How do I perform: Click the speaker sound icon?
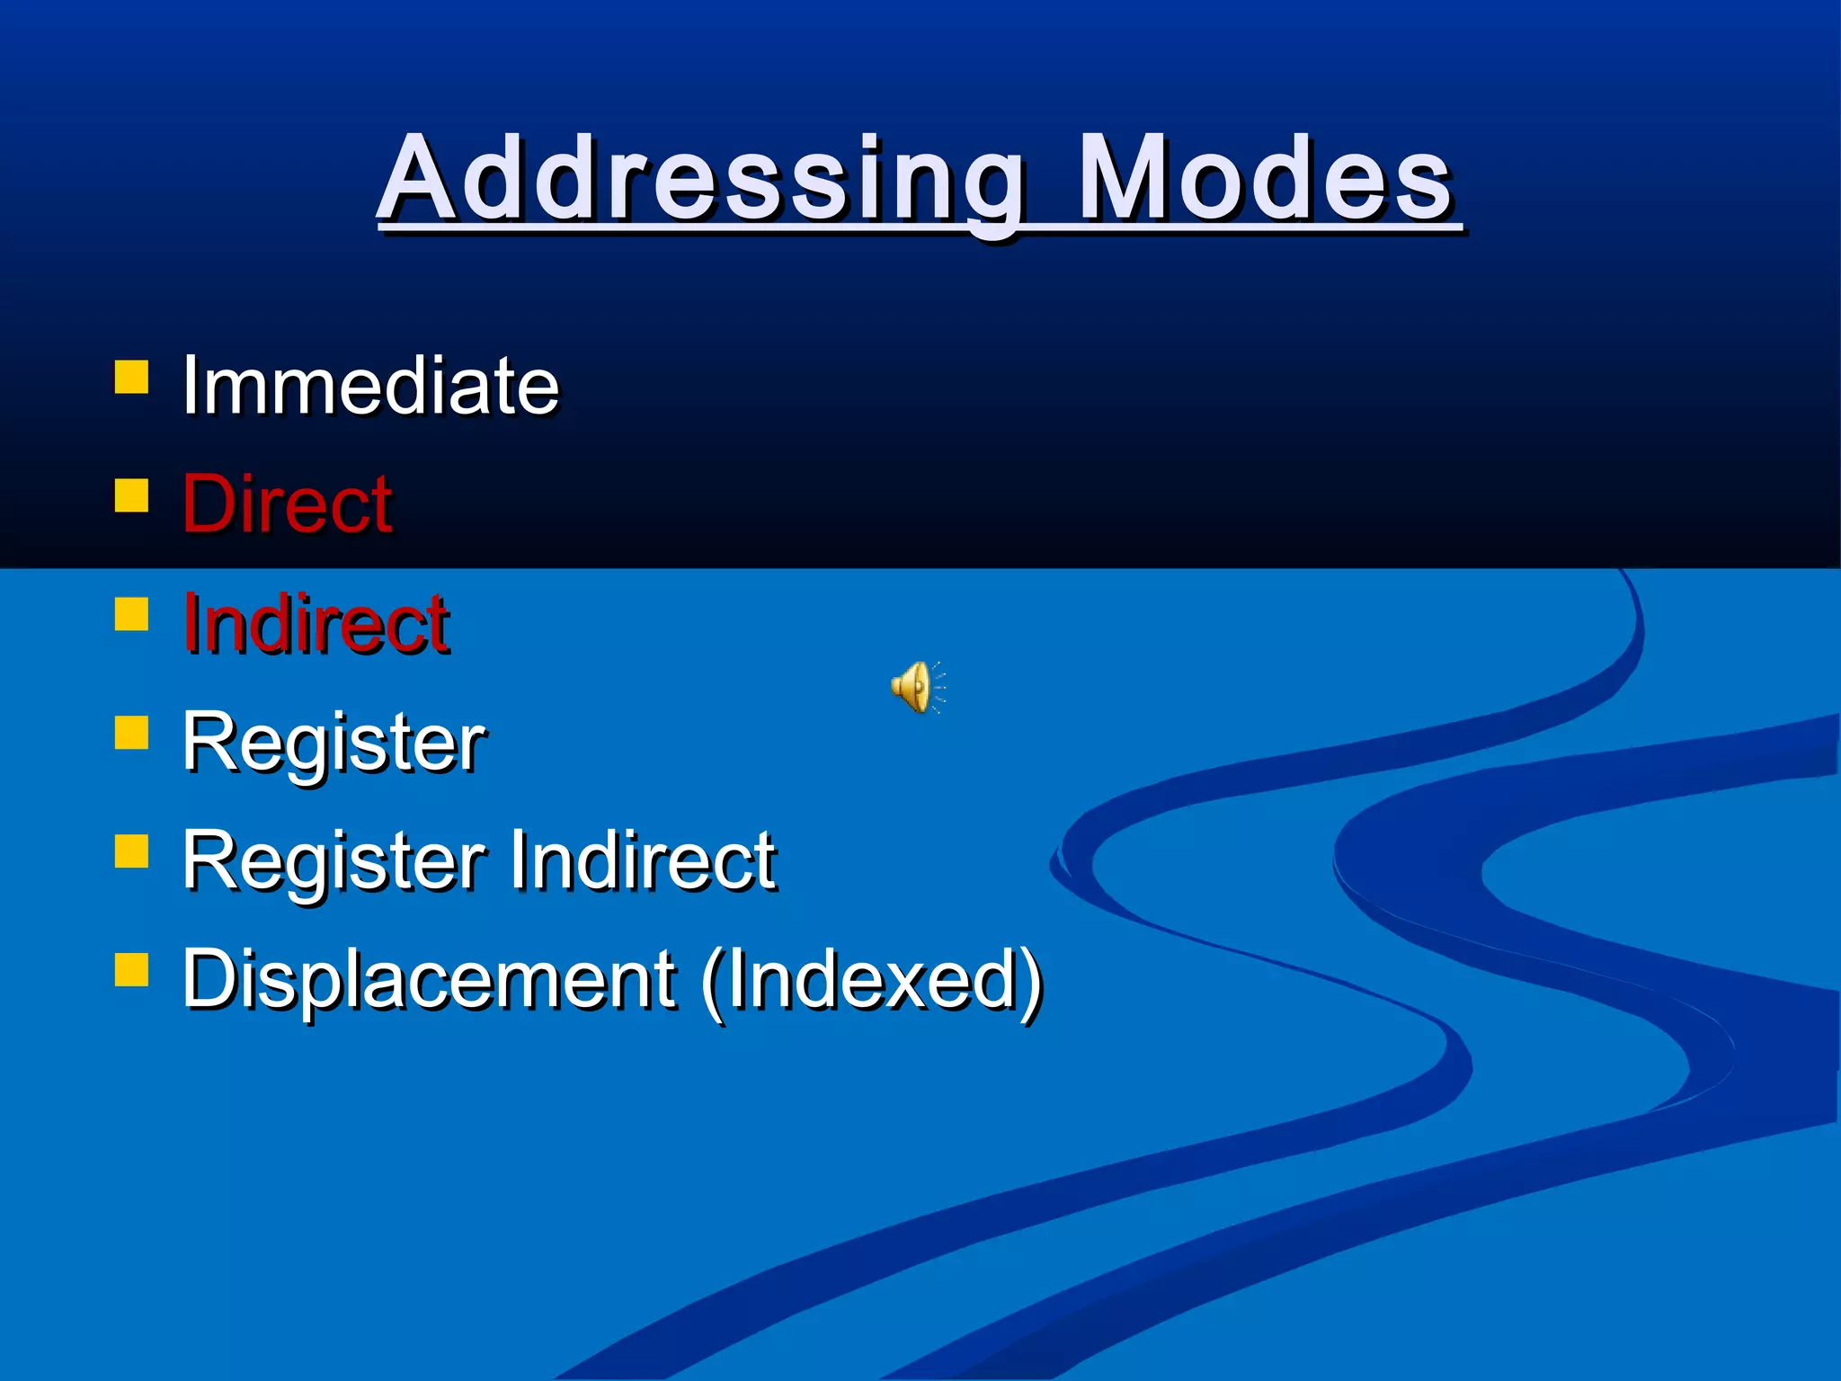click(916, 687)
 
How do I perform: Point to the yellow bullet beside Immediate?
click(131, 377)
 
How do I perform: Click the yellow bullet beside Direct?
click(131, 494)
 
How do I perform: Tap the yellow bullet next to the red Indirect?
click(131, 615)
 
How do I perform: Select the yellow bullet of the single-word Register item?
click(131, 732)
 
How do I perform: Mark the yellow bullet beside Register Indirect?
click(131, 851)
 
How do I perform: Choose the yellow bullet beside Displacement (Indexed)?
click(131, 970)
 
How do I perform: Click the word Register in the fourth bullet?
click(334, 743)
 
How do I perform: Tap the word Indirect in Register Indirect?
click(643, 860)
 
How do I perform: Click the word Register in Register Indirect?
click(334, 861)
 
